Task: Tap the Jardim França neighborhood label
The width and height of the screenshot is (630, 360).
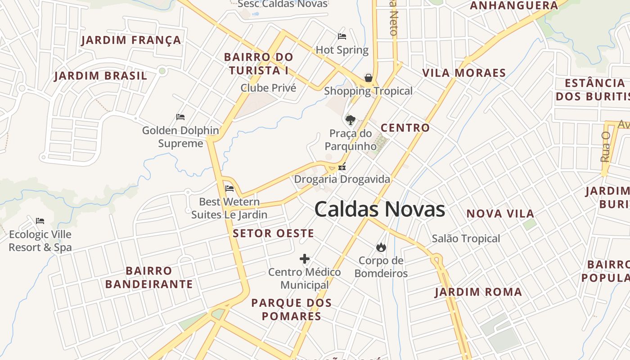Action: (131, 40)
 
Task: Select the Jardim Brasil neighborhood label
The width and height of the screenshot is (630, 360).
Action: (101, 76)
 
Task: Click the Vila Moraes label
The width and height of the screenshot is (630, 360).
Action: (464, 73)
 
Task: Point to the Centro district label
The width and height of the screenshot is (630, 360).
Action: (405, 128)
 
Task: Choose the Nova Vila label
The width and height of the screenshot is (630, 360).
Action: (500, 214)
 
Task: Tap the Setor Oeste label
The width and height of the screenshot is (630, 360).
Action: (273, 234)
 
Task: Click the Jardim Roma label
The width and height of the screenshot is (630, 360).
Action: (478, 292)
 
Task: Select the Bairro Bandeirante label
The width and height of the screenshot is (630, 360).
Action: (149, 277)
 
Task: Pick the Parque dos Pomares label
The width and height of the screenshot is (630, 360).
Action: (291, 309)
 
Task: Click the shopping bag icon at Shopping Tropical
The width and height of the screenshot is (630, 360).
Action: (369, 78)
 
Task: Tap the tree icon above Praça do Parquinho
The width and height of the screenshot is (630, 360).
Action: (350, 120)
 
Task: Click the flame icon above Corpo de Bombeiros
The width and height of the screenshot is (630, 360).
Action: (381, 247)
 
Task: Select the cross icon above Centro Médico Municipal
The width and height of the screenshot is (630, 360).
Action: (305, 259)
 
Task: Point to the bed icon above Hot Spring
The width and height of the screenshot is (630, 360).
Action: (342, 36)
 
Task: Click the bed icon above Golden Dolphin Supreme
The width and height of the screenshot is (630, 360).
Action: (180, 117)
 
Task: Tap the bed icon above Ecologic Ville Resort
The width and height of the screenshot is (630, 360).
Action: (40, 221)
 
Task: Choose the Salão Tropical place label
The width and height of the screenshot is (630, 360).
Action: (466, 238)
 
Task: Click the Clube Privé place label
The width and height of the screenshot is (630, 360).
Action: (268, 88)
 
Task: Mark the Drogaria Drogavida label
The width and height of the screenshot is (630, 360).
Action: (342, 179)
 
